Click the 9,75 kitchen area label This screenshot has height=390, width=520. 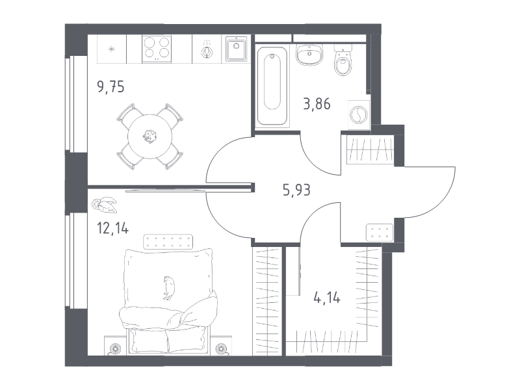pos(110,87)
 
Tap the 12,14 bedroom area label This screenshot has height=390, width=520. pos(112,228)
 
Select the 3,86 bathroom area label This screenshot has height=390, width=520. pos(317,104)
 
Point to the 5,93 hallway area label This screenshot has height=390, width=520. pos(296,190)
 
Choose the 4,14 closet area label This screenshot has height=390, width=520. pos(327,298)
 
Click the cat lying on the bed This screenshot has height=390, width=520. pos(170,287)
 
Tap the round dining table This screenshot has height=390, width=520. pos(150,136)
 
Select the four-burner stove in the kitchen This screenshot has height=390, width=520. pos(157,49)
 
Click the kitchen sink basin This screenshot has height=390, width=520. pos(236,49)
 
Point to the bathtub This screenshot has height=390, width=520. pos(272,86)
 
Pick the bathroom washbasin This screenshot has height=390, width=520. pos(309,55)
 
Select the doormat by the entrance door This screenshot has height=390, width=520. pos(380,233)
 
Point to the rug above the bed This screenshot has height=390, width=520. pos(168,242)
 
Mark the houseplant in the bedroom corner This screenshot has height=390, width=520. pos(104,205)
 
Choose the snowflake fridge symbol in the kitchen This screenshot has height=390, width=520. pos(112,49)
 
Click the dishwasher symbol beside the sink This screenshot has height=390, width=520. pos(207,49)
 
